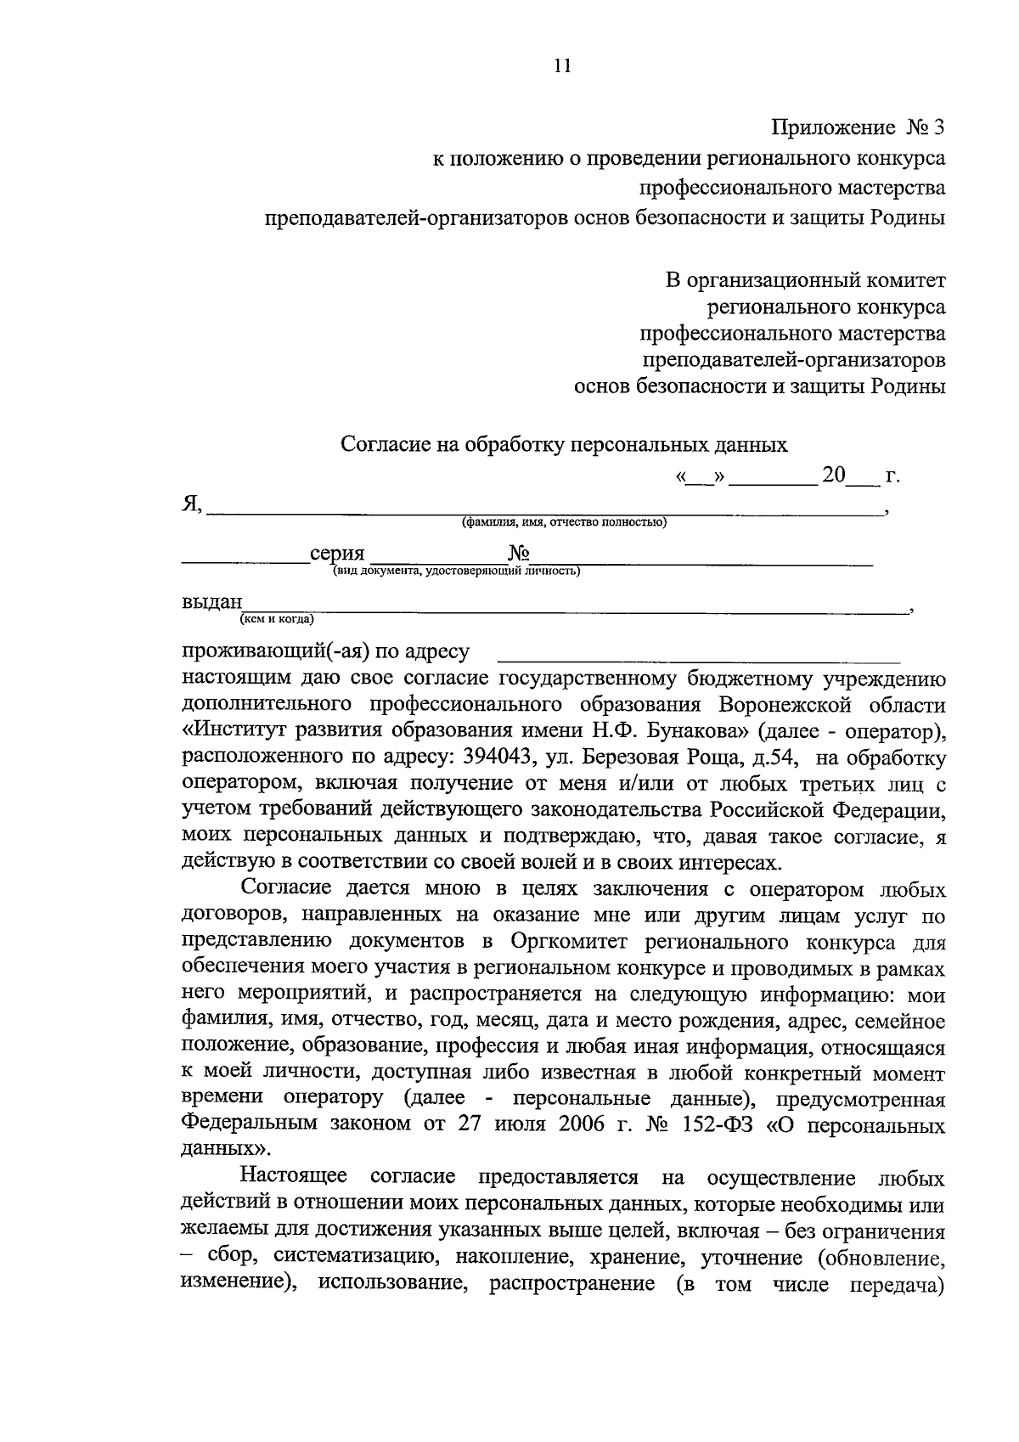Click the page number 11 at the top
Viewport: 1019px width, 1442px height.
[561, 65]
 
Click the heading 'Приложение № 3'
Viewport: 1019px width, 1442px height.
[857, 128]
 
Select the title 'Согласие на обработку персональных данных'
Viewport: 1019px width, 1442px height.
[564, 443]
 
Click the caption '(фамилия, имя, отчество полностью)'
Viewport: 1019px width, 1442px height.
[564, 522]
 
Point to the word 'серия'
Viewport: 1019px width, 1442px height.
[337, 554]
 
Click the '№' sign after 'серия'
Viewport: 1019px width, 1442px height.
[519, 554]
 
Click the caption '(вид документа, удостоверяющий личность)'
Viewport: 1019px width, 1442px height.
[456, 572]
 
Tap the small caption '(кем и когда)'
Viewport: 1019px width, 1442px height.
[277, 619]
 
